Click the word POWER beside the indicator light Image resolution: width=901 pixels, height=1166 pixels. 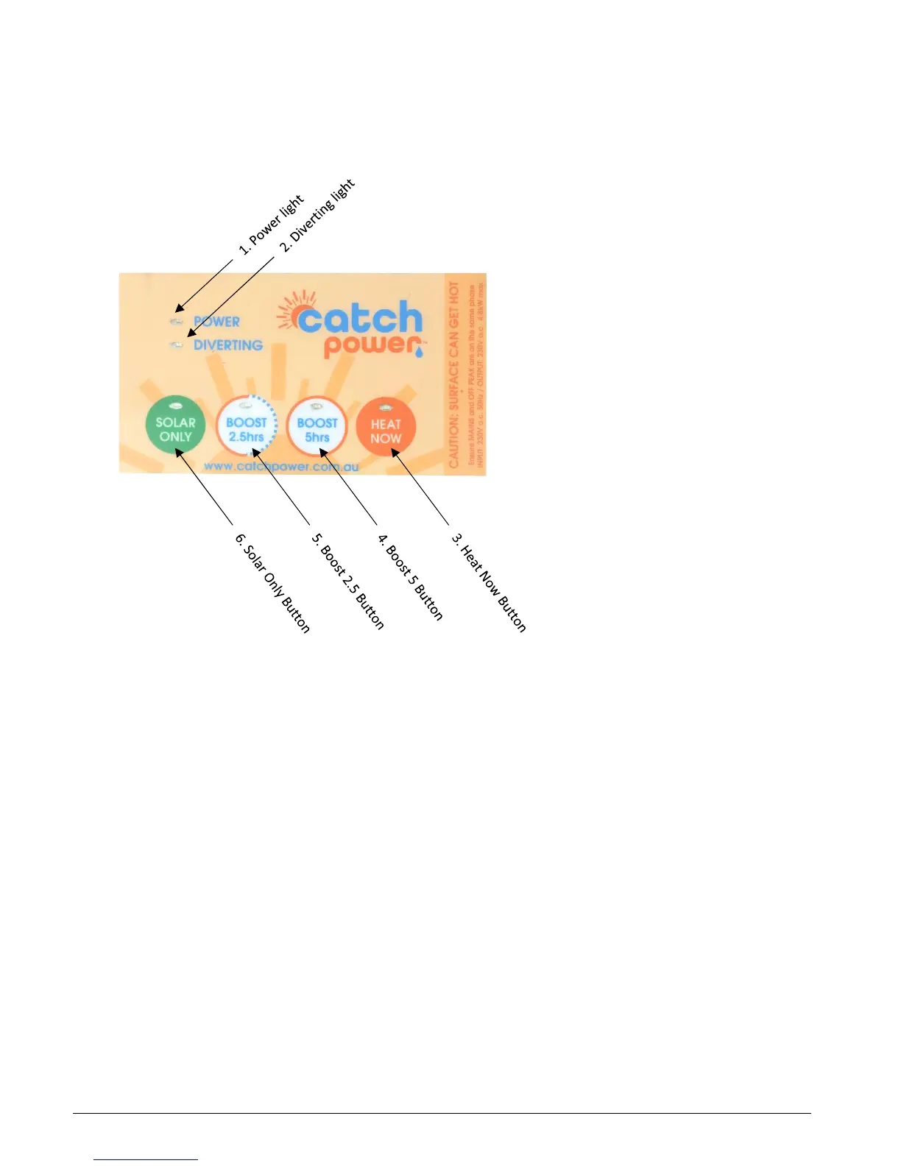pos(216,322)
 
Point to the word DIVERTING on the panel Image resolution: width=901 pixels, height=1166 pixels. pos(228,345)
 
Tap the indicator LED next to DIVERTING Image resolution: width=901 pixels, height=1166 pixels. pos(177,344)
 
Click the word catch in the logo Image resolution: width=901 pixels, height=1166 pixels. pos(360,318)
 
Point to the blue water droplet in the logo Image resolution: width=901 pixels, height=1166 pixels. pos(419,353)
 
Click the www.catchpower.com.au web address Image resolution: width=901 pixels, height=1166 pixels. pos(281,466)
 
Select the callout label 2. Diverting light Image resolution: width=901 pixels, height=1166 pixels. pos(318,215)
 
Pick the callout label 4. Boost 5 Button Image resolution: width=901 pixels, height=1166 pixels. pos(411,576)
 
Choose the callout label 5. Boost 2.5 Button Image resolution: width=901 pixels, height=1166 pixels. pos(348,581)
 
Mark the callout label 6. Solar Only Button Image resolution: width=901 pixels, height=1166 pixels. pos(272,582)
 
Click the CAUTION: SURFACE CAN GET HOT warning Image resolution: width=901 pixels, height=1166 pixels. pos(454,375)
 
